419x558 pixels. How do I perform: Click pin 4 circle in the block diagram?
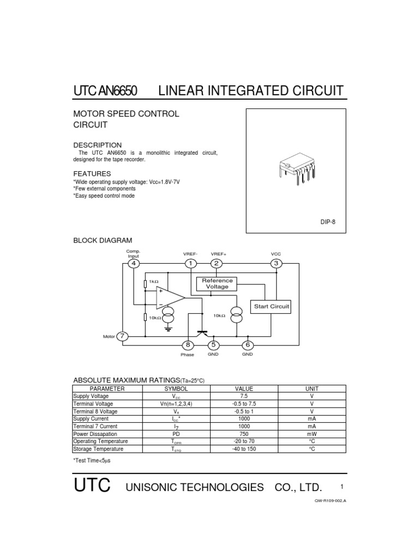pos(133,264)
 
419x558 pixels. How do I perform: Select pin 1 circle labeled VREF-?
pos(191,264)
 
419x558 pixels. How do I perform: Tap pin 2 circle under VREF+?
pos(217,264)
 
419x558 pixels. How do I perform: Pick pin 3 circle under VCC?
pos(276,264)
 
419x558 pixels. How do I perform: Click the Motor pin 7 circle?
pos(123,336)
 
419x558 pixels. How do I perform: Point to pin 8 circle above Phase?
pos(188,345)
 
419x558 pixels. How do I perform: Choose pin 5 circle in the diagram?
pos(213,345)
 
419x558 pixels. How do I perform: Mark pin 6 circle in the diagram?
pos(248,345)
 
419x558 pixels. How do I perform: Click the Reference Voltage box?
pos(217,283)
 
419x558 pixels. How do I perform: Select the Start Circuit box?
pos(271,307)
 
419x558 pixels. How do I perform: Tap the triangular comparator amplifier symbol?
pos(169,298)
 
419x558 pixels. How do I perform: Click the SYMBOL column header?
pos(176,389)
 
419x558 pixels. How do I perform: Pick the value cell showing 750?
pos(244,434)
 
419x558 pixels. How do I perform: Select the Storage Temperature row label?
pos(98,449)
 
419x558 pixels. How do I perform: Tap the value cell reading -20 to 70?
pos(244,441)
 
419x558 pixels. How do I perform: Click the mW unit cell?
pos(312,434)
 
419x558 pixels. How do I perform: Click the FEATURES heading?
pos(92,173)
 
